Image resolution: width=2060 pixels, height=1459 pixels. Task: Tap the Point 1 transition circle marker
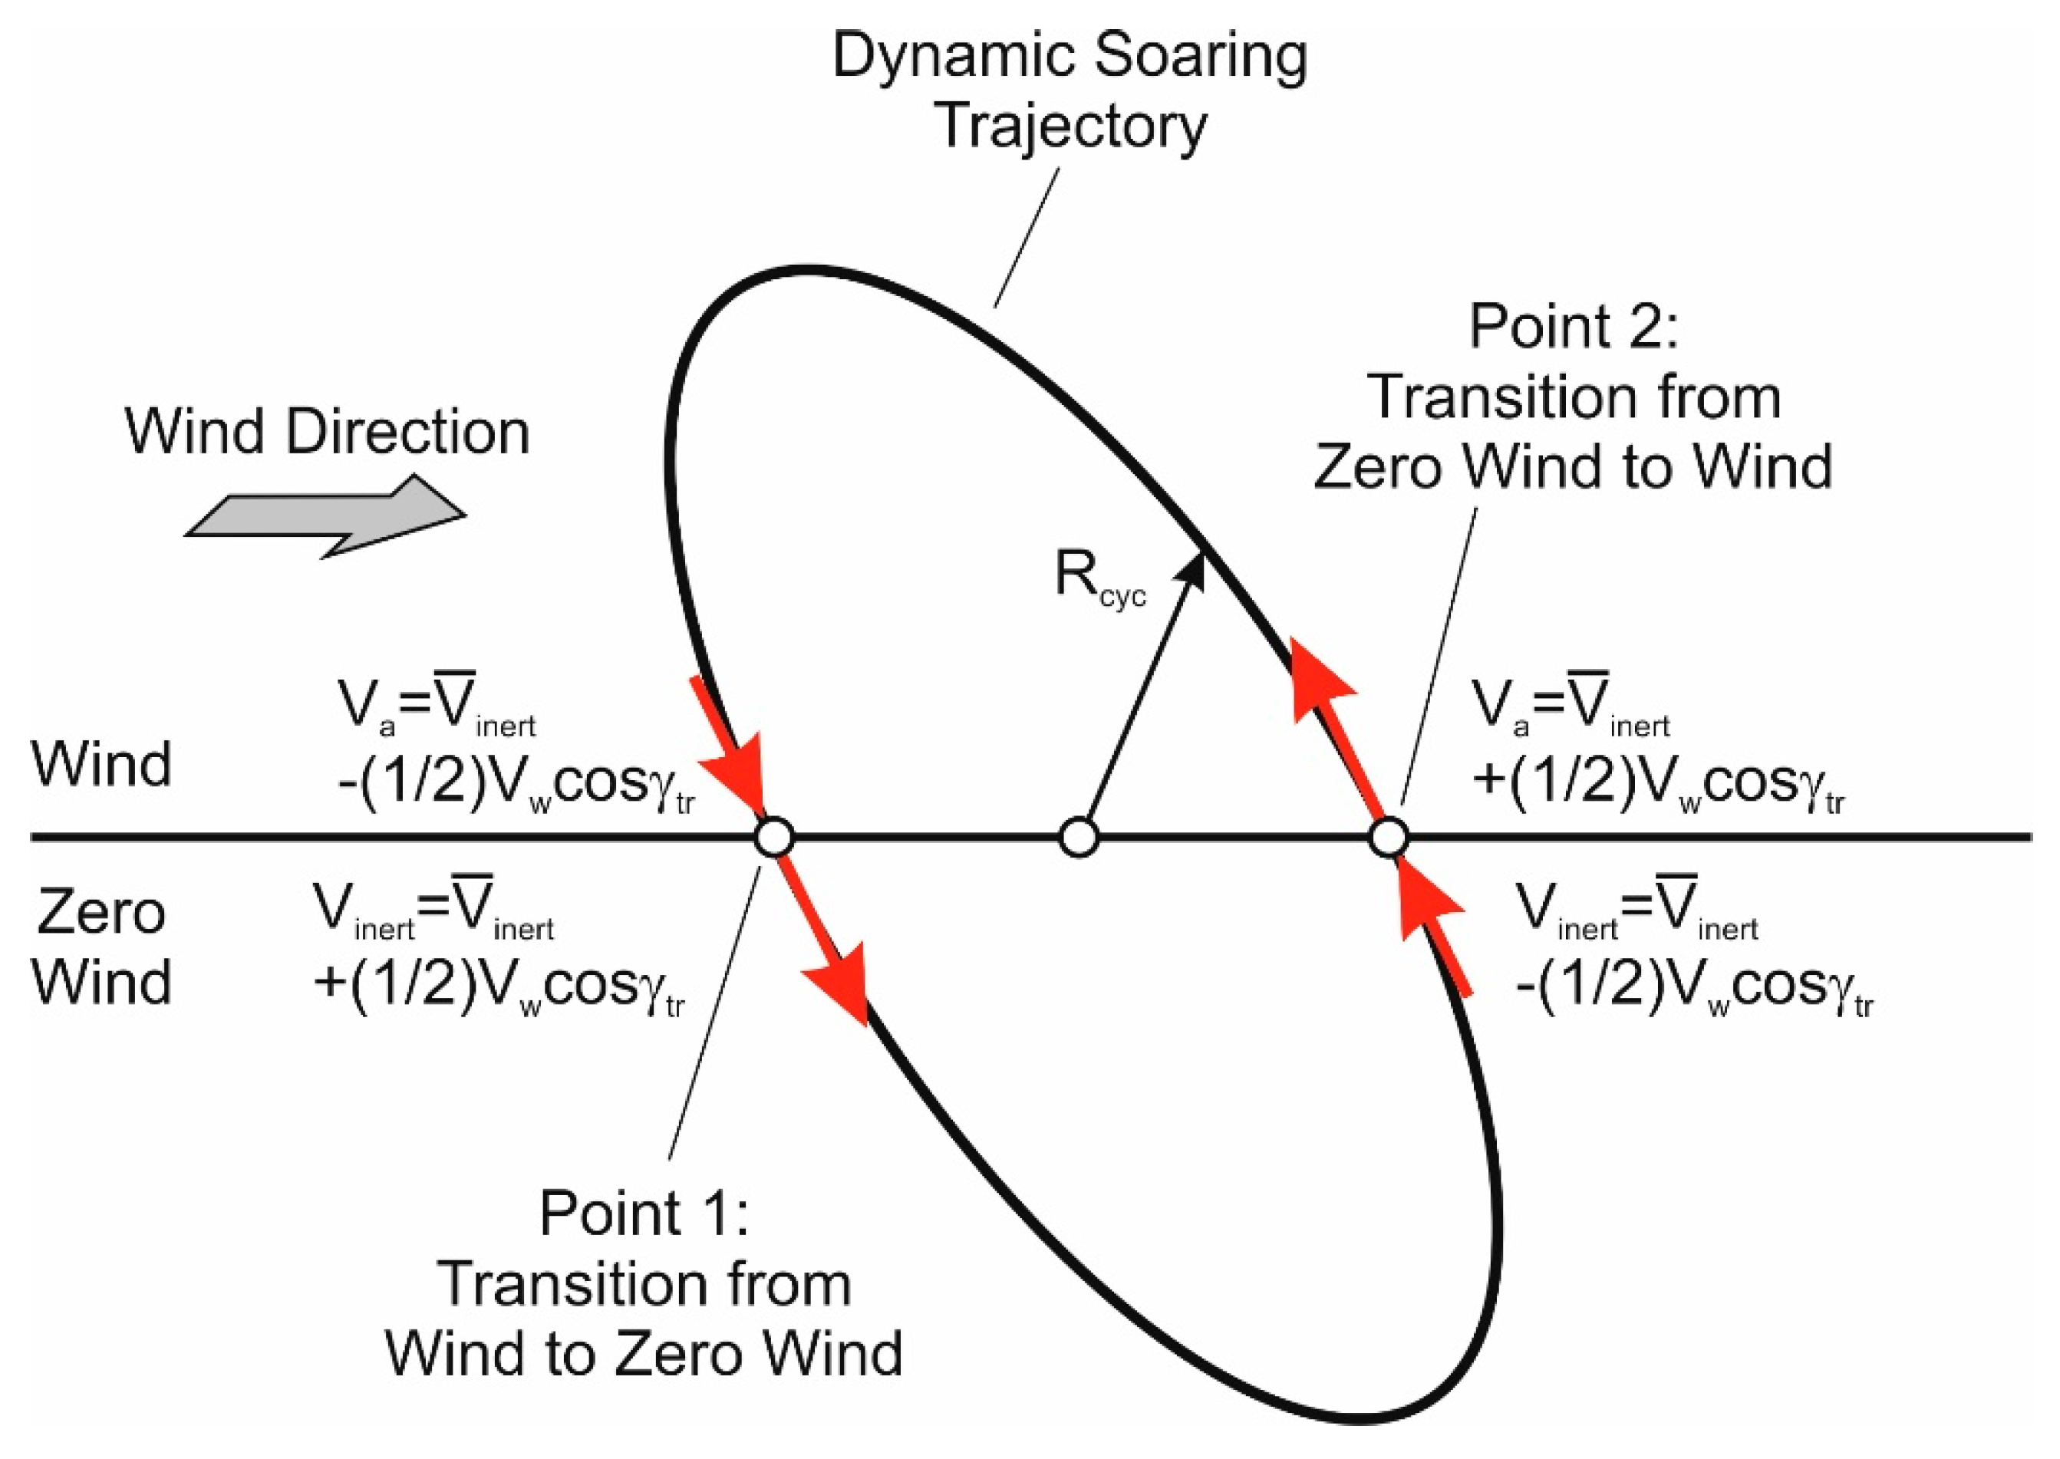pos(774,838)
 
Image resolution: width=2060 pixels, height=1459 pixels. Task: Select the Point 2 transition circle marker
pos(1388,838)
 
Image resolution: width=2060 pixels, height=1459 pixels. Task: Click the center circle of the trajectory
pos(1078,838)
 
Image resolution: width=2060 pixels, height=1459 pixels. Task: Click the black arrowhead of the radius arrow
pos(1191,571)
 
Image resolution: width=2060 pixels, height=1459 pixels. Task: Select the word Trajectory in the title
pos(1071,127)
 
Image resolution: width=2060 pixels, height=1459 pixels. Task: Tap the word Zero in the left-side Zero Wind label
pos(101,914)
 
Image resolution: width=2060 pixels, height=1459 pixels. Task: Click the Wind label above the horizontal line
pos(101,766)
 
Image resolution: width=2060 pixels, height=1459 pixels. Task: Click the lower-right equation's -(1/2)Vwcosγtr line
pos(1693,988)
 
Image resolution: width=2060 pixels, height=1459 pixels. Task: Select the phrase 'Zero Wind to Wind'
pos(1572,467)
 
